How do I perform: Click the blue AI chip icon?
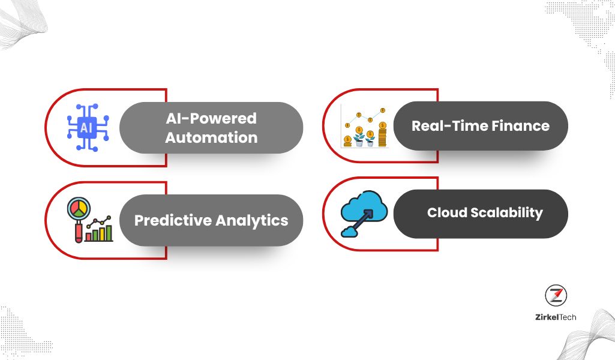click(88, 127)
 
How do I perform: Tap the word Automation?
click(211, 137)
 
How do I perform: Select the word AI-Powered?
click(211, 118)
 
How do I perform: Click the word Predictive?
click(173, 220)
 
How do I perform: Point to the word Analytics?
click(252, 221)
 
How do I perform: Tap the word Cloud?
click(447, 212)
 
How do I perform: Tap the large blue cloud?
click(364, 206)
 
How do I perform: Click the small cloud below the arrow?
click(349, 232)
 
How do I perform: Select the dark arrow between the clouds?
click(360, 221)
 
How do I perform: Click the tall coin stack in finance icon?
click(382, 134)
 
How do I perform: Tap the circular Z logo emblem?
click(556, 295)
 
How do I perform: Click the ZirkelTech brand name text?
click(556, 317)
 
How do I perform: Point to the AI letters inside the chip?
click(86, 128)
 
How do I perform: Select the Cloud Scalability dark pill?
click(481, 214)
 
